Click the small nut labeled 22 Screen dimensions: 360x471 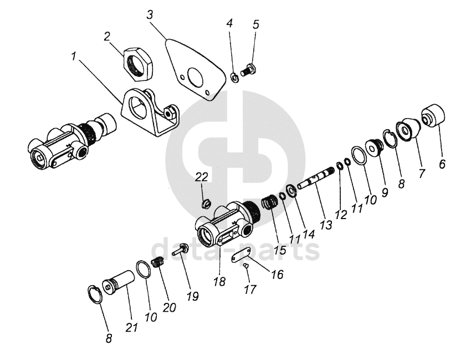click(x=205, y=202)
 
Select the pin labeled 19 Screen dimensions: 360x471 click(x=179, y=252)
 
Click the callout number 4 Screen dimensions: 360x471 click(x=230, y=25)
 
